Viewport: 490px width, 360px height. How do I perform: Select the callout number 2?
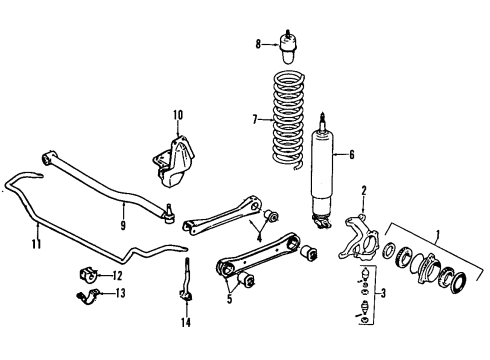point(363,190)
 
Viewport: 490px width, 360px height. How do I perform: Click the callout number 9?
point(124,207)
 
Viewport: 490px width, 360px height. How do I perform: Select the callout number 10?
point(178,116)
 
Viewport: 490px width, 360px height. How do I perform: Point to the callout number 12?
point(117,275)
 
